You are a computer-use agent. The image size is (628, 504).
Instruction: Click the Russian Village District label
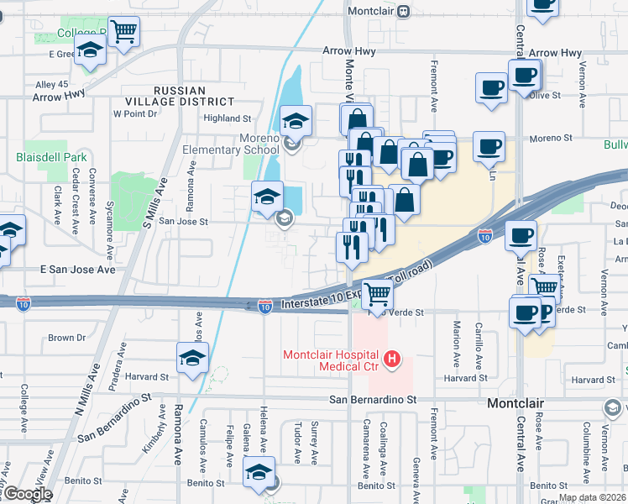[x=190, y=97]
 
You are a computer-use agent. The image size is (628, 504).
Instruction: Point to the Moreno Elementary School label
[x=232, y=144]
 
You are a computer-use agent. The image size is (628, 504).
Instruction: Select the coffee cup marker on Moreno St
[x=489, y=146]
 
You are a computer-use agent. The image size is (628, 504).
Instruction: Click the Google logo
[x=28, y=494]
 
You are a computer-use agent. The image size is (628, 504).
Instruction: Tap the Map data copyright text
[x=593, y=497]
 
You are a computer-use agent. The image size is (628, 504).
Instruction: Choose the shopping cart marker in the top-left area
[x=123, y=31]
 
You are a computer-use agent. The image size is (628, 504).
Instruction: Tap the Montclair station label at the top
[x=373, y=11]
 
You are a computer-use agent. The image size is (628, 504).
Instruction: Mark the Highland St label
[x=228, y=118]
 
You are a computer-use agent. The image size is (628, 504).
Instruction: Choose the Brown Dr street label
[x=61, y=338]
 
